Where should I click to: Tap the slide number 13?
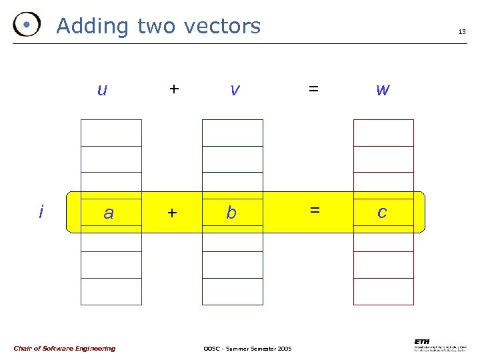461,31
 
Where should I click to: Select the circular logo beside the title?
26,25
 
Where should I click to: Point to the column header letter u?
102,89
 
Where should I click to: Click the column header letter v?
234,89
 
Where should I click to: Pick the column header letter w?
383,89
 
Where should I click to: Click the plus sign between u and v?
174,88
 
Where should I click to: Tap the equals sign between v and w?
313,88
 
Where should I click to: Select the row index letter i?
41,212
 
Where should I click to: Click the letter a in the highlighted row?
109,213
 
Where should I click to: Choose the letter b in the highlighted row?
231,213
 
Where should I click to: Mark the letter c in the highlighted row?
382,213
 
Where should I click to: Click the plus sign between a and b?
173,213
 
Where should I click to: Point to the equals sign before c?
314,210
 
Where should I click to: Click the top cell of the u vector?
111,133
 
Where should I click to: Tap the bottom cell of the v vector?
233,291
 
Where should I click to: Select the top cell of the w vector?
383,133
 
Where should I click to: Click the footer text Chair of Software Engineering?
64,348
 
